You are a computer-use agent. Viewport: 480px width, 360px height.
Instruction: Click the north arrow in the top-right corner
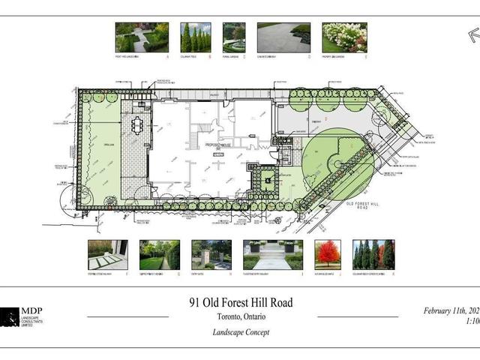point(472,34)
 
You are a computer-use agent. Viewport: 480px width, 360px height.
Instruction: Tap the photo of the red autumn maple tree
point(328,254)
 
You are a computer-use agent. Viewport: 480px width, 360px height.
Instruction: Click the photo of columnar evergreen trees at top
point(196,37)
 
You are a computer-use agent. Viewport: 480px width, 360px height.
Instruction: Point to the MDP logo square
point(10,316)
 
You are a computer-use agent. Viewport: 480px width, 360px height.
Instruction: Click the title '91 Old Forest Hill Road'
point(240,303)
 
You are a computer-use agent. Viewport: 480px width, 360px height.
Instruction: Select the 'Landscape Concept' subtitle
point(240,331)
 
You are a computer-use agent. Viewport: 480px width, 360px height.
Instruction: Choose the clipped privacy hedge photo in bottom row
point(160,254)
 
